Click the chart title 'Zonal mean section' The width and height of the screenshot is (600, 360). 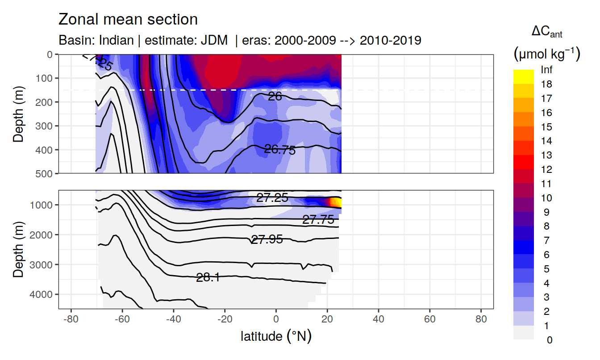click(x=128, y=20)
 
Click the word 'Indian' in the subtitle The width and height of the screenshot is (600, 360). click(x=117, y=40)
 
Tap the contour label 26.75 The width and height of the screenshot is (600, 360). click(x=279, y=150)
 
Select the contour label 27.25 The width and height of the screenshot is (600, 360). click(x=272, y=198)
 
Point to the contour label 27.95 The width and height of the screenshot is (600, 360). click(x=267, y=240)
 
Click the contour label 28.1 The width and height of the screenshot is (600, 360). click(x=208, y=277)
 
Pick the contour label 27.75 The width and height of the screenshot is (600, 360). click(x=318, y=219)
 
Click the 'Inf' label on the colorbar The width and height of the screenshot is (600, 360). click(x=546, y=70)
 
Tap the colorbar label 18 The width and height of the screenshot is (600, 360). click(x=546, y=84)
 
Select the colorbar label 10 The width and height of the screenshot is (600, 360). click(x=546, y=198)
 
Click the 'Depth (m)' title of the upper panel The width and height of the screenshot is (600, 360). click(x=18, y=113)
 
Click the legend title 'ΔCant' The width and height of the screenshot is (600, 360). click(x=546, y=32)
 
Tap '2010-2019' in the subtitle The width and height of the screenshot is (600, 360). click(x=390, y=40)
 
